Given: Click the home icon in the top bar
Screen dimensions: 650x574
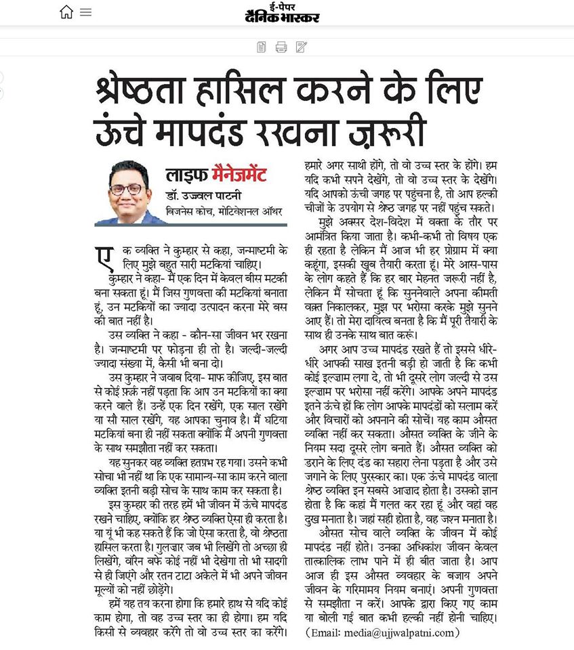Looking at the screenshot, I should click(66, 12).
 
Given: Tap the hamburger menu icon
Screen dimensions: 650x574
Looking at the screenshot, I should click(85, 12).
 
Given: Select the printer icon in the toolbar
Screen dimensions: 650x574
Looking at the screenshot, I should click(281, 47).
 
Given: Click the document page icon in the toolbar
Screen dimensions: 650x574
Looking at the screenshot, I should click(262, 47).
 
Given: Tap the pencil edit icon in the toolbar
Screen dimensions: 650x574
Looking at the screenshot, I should click(302, 47).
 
